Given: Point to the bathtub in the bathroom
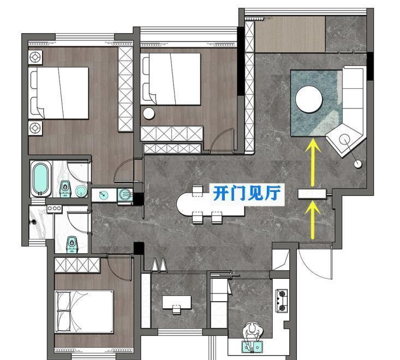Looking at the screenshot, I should pyautogui.click(x=40, y=178).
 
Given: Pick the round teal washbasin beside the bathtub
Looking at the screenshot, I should pyautogui.click(x=81, y=190).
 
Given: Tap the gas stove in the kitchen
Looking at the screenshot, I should pyautogui.click(x=283, y=301).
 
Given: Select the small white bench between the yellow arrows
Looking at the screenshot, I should pyautogui.click(x=312, y=193).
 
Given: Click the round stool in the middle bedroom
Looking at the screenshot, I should pyautogui.click(x=149, y=113).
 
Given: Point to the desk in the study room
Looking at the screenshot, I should pyautogui.click(x=176, y=301).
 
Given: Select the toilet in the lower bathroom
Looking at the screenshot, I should pyautogui.click(x=71, y=243).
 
